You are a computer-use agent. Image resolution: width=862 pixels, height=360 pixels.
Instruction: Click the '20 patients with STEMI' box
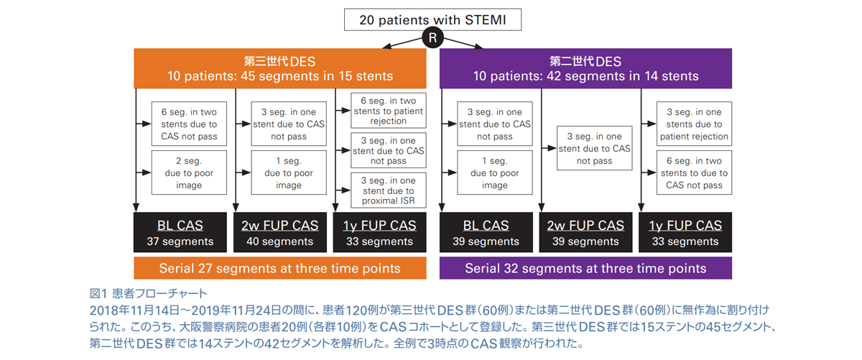(432, 19)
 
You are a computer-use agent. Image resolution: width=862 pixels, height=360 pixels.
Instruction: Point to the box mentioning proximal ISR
(389, 190)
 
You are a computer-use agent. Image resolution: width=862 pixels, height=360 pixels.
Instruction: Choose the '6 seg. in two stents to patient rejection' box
(389, 111)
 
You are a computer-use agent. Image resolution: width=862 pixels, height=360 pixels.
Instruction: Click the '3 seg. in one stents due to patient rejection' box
(694, 124)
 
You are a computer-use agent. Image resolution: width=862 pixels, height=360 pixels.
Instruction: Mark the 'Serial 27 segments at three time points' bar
(280, 269)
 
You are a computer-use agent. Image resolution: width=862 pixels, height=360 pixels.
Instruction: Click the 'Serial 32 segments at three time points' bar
(585, 269)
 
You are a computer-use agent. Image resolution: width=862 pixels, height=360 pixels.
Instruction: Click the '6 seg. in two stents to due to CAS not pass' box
(694, 173)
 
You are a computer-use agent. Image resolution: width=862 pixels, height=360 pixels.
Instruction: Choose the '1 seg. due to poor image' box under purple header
(495, 173)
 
